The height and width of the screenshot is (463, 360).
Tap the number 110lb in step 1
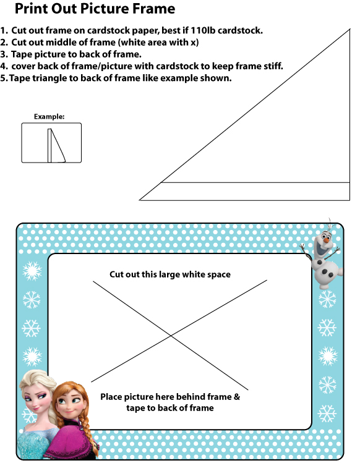tap(203, 30)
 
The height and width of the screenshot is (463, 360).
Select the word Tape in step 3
tap(22, 54)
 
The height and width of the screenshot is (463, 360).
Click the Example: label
tap(49, 117)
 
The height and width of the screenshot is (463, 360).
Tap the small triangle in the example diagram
tap(56, 145)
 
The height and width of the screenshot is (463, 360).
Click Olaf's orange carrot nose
tap(326, 240)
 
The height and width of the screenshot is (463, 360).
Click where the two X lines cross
tap(171, 336)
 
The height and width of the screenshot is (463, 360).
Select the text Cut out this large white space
tap(170, 274)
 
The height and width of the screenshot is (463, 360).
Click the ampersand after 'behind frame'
tap(237, 397)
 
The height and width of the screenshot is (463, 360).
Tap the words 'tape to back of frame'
tap(170, 408)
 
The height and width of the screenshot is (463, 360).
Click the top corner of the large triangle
tap(350, 29)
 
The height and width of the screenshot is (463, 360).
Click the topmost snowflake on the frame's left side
tap(32, 271)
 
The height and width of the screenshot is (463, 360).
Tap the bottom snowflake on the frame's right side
tap(327, 414)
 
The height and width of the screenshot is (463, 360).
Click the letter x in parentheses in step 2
tap(194, 43)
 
